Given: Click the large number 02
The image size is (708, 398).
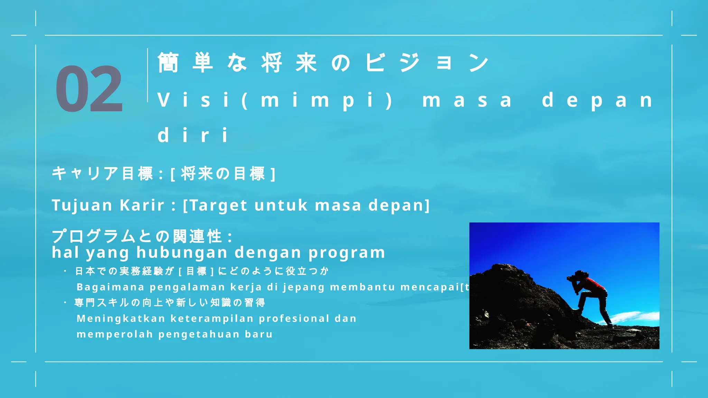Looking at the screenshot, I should click(x=89, y=89).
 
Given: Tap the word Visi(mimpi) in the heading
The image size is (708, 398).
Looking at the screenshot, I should click(x=275, y=100).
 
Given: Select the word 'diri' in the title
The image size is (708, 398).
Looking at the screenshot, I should click(x=193, y=135).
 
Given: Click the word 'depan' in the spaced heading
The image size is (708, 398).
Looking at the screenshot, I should click(x=597, y=100).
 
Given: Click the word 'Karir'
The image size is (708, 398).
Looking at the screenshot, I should click(x=142, y=205).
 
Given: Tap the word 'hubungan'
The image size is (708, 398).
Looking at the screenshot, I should click(x=182, y=253).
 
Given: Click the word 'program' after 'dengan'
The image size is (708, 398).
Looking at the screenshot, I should click(x=347, y=253).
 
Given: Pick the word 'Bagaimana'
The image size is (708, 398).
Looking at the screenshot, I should click(x=110, y=287).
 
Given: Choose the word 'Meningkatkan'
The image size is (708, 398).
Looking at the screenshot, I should click(x=121, y=319).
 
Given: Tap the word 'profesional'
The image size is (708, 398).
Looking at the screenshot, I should click(x=294, y=319).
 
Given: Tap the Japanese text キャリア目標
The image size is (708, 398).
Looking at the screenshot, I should click(x=102, y=173).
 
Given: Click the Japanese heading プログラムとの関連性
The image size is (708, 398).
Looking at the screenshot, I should click(x=137, y=237).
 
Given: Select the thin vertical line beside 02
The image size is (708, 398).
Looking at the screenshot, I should click(x=148, y=75).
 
